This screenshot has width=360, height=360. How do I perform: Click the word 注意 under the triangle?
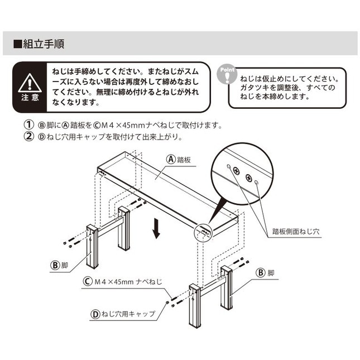(27, 97)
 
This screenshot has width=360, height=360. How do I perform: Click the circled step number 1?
(27, 125)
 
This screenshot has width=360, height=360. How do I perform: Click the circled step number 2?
(27, 136)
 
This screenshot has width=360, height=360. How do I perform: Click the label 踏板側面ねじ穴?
(295, 229)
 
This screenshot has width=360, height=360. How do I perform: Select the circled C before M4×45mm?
(87, 281)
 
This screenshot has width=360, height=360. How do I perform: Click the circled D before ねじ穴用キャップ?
(95, 314)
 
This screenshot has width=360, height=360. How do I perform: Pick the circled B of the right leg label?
(260, 273)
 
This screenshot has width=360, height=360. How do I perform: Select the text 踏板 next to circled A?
(185, 159)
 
